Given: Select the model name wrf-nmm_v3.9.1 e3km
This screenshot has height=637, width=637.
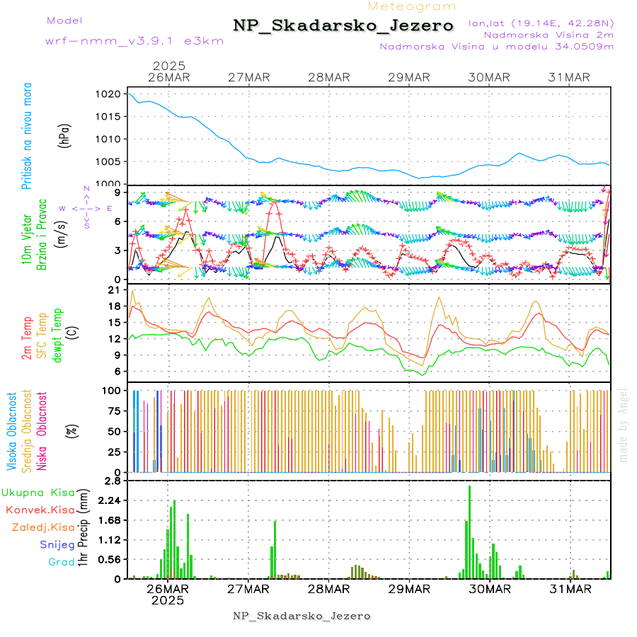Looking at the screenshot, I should point(134,41).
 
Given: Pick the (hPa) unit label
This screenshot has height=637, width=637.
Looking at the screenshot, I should point(65,135).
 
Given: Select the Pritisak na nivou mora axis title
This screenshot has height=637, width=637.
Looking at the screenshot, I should point(27,135).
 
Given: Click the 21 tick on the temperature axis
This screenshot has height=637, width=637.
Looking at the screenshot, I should point(112,290).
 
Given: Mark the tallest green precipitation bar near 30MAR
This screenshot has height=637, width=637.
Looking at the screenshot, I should point(469,531).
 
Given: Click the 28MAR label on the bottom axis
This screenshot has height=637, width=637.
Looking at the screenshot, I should point(329,588).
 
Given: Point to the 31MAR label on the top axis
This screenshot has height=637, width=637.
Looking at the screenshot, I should point(570,77).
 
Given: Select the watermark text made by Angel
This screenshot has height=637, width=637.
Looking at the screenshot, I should point(624,425).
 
